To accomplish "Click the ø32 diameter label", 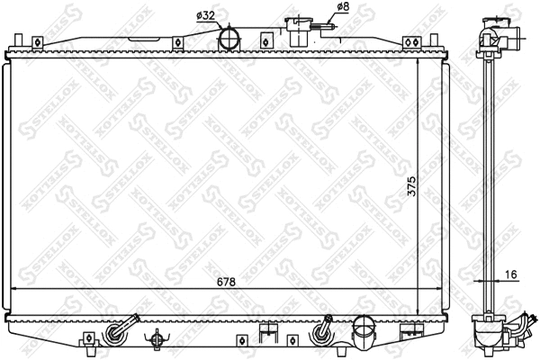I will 206,15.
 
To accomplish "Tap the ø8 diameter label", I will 342,8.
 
